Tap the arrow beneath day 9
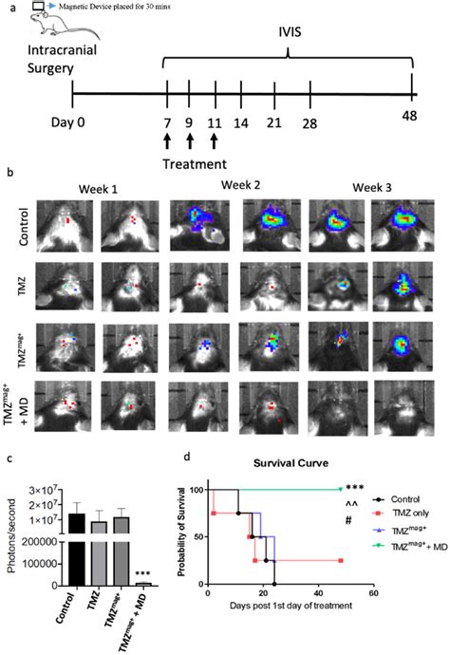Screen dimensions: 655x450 (190, 142)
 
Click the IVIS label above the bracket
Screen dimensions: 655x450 (289, 32)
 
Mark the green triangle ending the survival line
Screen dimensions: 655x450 (340, 490)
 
